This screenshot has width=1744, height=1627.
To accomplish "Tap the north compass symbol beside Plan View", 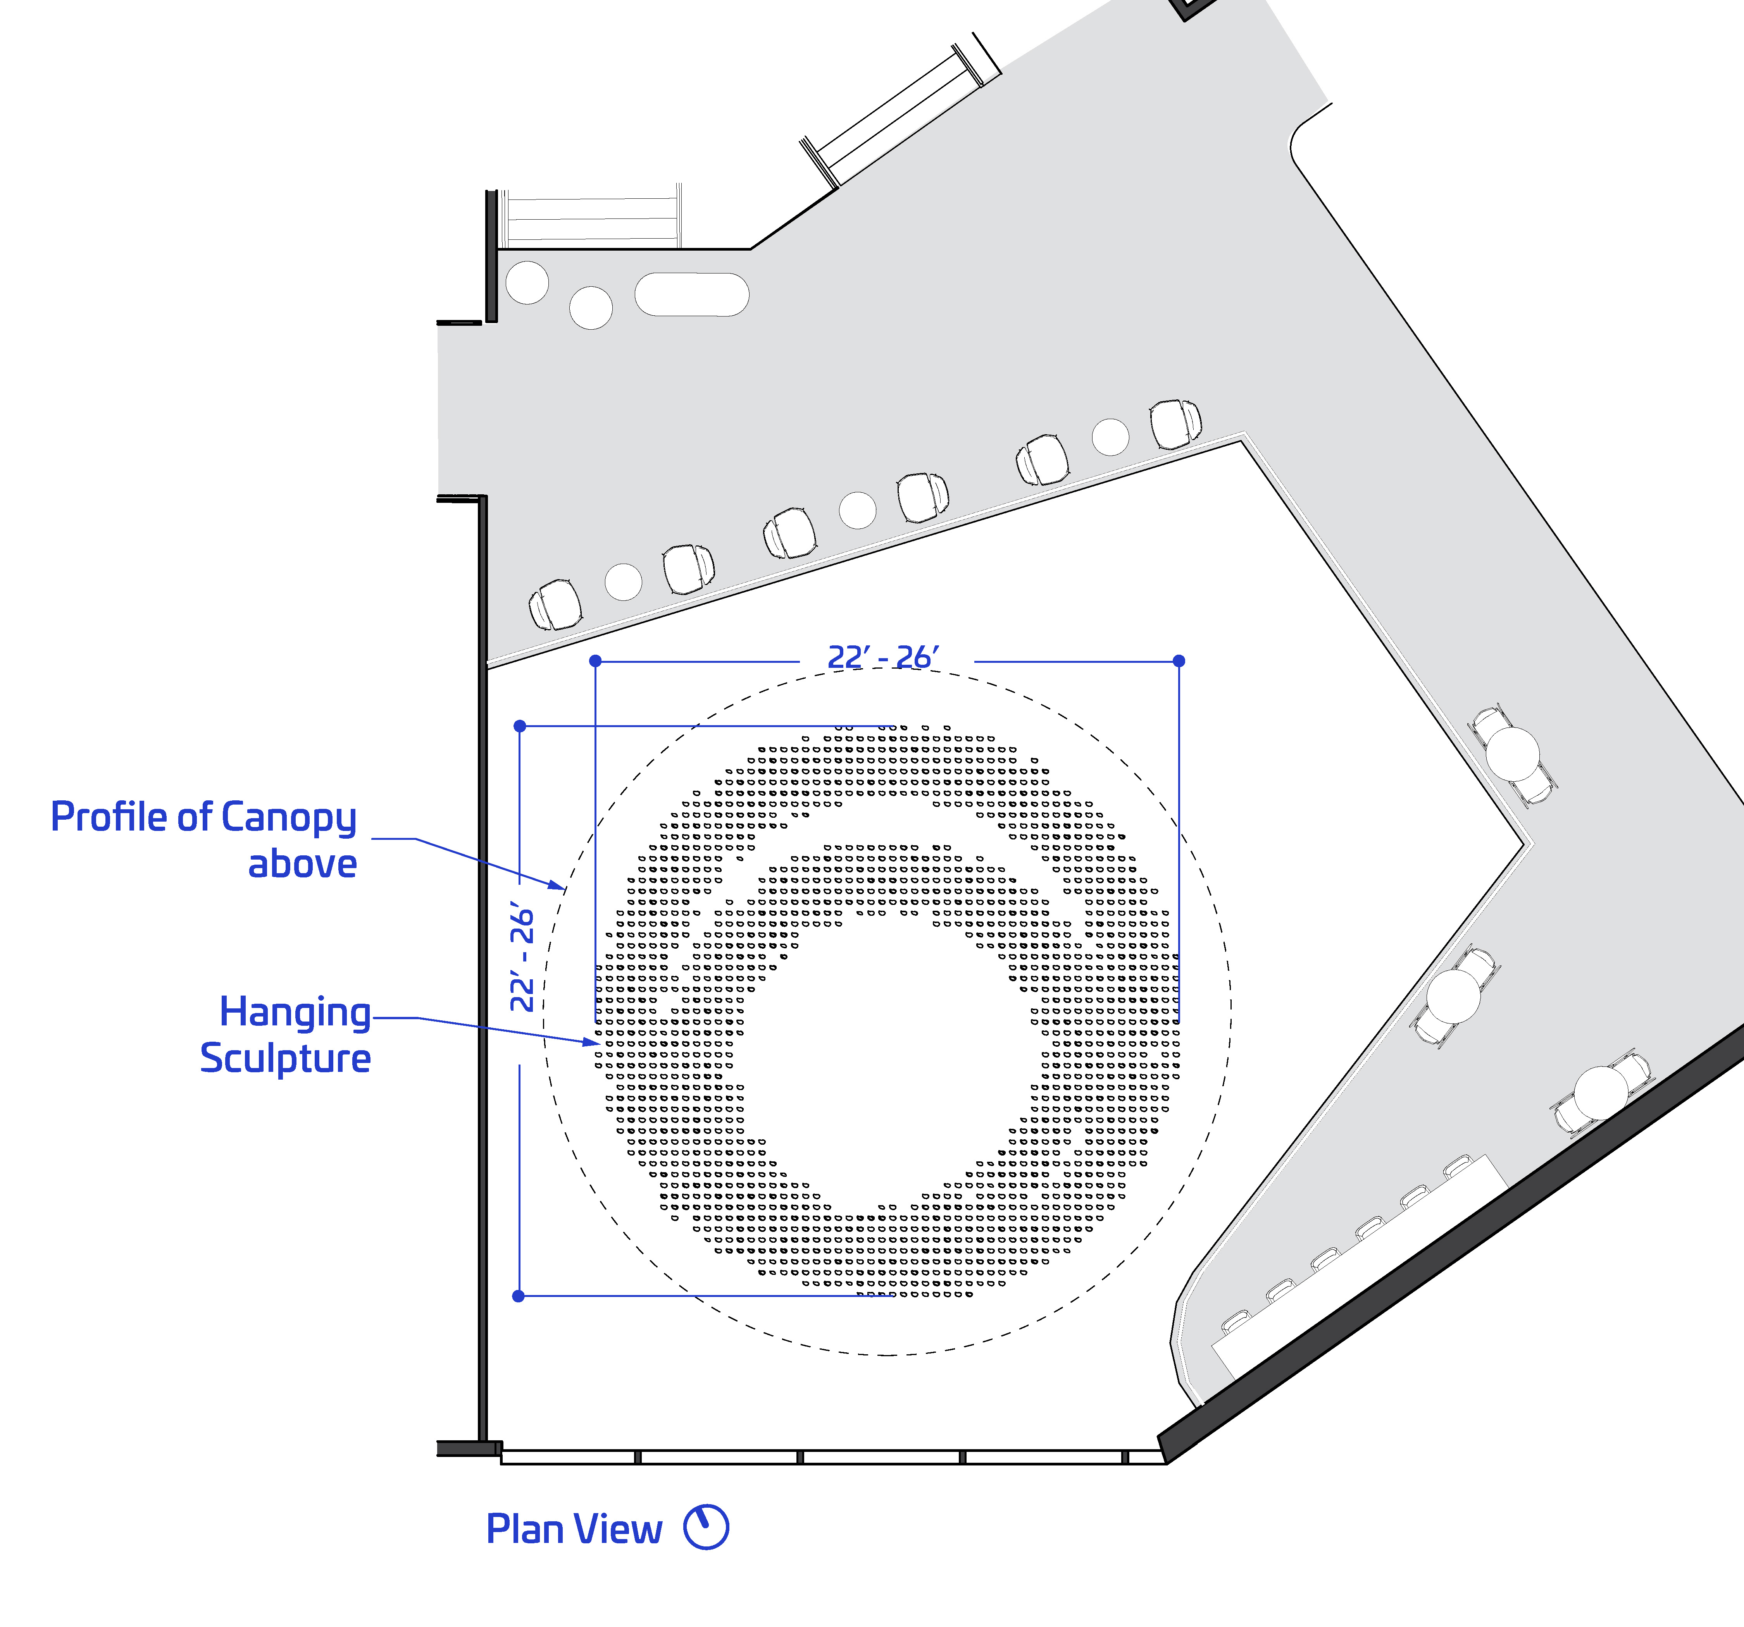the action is (x=706, y=1528).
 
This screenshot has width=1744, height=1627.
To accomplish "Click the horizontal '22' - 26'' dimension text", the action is (x=883, y=657).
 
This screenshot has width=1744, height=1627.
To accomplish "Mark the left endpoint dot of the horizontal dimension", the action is (x=596, y=660).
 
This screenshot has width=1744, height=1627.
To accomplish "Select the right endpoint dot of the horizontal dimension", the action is (x=1179, y=660).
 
